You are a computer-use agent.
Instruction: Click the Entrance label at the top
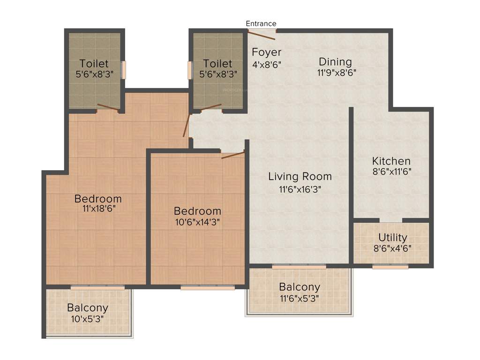261,23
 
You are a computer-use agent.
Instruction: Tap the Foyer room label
266,52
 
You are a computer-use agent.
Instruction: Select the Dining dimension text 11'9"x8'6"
335,73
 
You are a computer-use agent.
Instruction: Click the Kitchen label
391,161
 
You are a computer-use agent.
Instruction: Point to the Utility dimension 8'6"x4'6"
393,248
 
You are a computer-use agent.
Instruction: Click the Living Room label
300,177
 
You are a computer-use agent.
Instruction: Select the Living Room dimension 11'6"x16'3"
300,189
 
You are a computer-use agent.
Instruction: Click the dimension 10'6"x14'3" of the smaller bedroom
197,222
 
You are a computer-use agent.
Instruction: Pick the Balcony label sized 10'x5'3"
88,308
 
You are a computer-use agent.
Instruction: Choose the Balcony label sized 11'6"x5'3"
300,287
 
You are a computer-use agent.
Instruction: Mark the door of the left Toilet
108,108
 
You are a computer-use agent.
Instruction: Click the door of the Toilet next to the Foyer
210,107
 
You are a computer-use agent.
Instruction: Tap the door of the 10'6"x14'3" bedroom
232,155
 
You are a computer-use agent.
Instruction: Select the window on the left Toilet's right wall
124,70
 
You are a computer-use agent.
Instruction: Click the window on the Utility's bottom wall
390,267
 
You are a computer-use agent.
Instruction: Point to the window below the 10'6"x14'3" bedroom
207,287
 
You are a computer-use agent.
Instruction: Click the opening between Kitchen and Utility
390,220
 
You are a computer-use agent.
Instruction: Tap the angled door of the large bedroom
187,125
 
